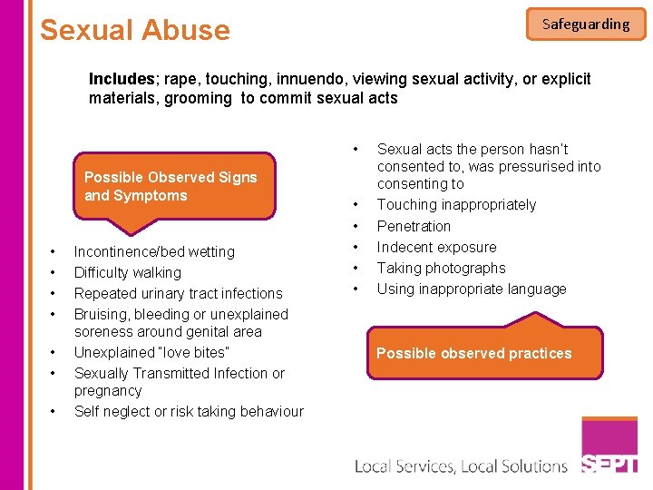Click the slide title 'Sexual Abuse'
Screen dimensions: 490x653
coord(135,30)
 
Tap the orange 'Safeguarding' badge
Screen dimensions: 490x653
coord(586,24)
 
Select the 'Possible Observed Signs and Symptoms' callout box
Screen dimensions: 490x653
coord(174,186)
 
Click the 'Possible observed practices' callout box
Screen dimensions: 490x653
coord(473,353)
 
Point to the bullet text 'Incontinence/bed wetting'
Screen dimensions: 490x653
coord(154,251)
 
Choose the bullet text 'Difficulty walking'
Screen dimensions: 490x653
coord(128,272)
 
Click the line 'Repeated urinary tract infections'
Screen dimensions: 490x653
coord(178,293)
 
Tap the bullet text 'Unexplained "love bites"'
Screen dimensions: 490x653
coord(151,352)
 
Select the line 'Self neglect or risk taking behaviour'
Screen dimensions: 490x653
coord(189,411)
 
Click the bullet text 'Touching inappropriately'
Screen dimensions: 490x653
coord(456,204)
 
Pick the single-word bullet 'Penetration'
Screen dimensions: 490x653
coord(414,226)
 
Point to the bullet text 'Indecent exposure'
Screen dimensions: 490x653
coord(436,247)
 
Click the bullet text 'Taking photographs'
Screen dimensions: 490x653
coord(441,268)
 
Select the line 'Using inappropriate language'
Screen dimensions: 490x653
coord(472,289)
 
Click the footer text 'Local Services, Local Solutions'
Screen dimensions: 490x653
coord(461,466)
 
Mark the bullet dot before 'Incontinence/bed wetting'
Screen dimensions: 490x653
coord(54,251)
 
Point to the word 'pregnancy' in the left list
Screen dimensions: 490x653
coord(108,390)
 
